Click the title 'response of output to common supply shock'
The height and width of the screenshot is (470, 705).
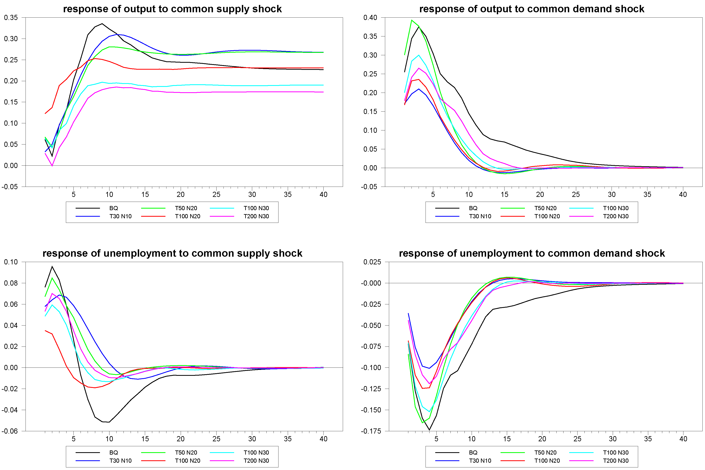pos(172,9)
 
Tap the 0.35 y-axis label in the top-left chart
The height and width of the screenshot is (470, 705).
pos(11,18)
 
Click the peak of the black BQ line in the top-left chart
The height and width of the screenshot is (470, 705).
pos(102,24)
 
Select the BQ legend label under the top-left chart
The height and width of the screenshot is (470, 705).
pos(114,208)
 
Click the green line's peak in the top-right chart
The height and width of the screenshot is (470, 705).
pos(411,20)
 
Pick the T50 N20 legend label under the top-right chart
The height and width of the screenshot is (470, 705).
pos(545,208)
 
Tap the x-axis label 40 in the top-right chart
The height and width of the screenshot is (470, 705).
pos(683,195)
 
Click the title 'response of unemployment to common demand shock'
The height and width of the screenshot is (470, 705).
pos(532,253)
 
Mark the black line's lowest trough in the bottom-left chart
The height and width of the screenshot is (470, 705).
pos(109,422)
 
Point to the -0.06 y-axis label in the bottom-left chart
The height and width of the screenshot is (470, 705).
pos(10,431)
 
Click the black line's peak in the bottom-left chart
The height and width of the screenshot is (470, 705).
pos(52,267)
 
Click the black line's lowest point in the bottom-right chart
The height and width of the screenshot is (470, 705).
pos(429,430)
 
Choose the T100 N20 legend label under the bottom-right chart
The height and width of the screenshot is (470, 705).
pos(547,461)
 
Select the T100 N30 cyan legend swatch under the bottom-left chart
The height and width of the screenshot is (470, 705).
pos(222,453)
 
